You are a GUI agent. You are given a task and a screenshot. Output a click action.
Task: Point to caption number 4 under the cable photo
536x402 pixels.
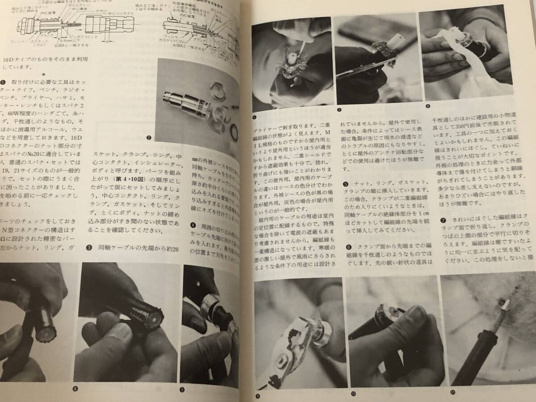(75, 388)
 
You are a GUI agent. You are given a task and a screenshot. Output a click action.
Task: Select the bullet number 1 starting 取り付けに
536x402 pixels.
(4, 82)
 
